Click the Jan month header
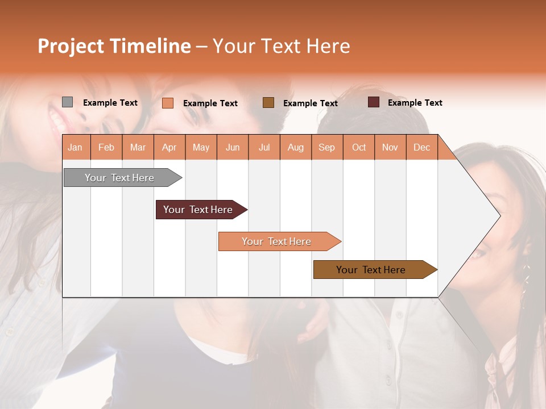pyautogui.click(x=75, y=148)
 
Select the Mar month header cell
pyautogui.click(x=138, y=148)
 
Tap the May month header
pyautogui.click(x=201, y=148)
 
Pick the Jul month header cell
pyautogui.click(x=264, y=148)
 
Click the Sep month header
pyautogui.click(x=326, y=148)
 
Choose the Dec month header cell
pyautogui.click(x=421, y=148)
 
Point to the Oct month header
pyautogui.click(x=359, y=148)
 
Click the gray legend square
pyautogui.click(x=67, y=102)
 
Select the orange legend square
pyautogui.click(x=167, y=103)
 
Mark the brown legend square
pyautogui.click(x=268, y=102)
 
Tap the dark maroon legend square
pyautogui.click(x=374, y=102)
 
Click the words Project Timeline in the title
pyautogui.click(x=114, y=46)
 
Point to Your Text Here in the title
pyautogui.click(x=281, y=46)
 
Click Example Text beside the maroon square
pyautogui.click(x=415, y=103)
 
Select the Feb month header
pyautogui.click(x=106, y=148)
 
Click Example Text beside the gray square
pyautogui.click(x=110, y=103)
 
